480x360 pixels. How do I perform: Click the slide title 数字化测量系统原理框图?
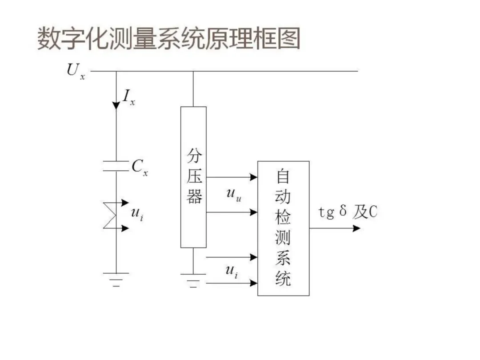pyautogui.click(x=169, y=39)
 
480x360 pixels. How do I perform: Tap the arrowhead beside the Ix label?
pyautogui.click(x=116, y=105)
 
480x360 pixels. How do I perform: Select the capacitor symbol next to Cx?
pyautogui.click(x=116, y=166)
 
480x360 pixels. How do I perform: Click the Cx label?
pyautogui.click(x=140, y=167)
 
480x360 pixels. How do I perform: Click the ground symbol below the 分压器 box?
pyautogui.click(x=193, y=280)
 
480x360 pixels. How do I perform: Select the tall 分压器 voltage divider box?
pyautogui.click(x=193, y=177)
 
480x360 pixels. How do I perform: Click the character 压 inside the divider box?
pyautogui.click(x=194, y=177)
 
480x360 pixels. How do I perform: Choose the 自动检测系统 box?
pyautogui.click(x=283, y=228)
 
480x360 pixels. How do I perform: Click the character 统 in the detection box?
pyautogui.click(x=283, y=279)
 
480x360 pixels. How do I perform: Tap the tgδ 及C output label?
pyautogui.click(x=348, y=212)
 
